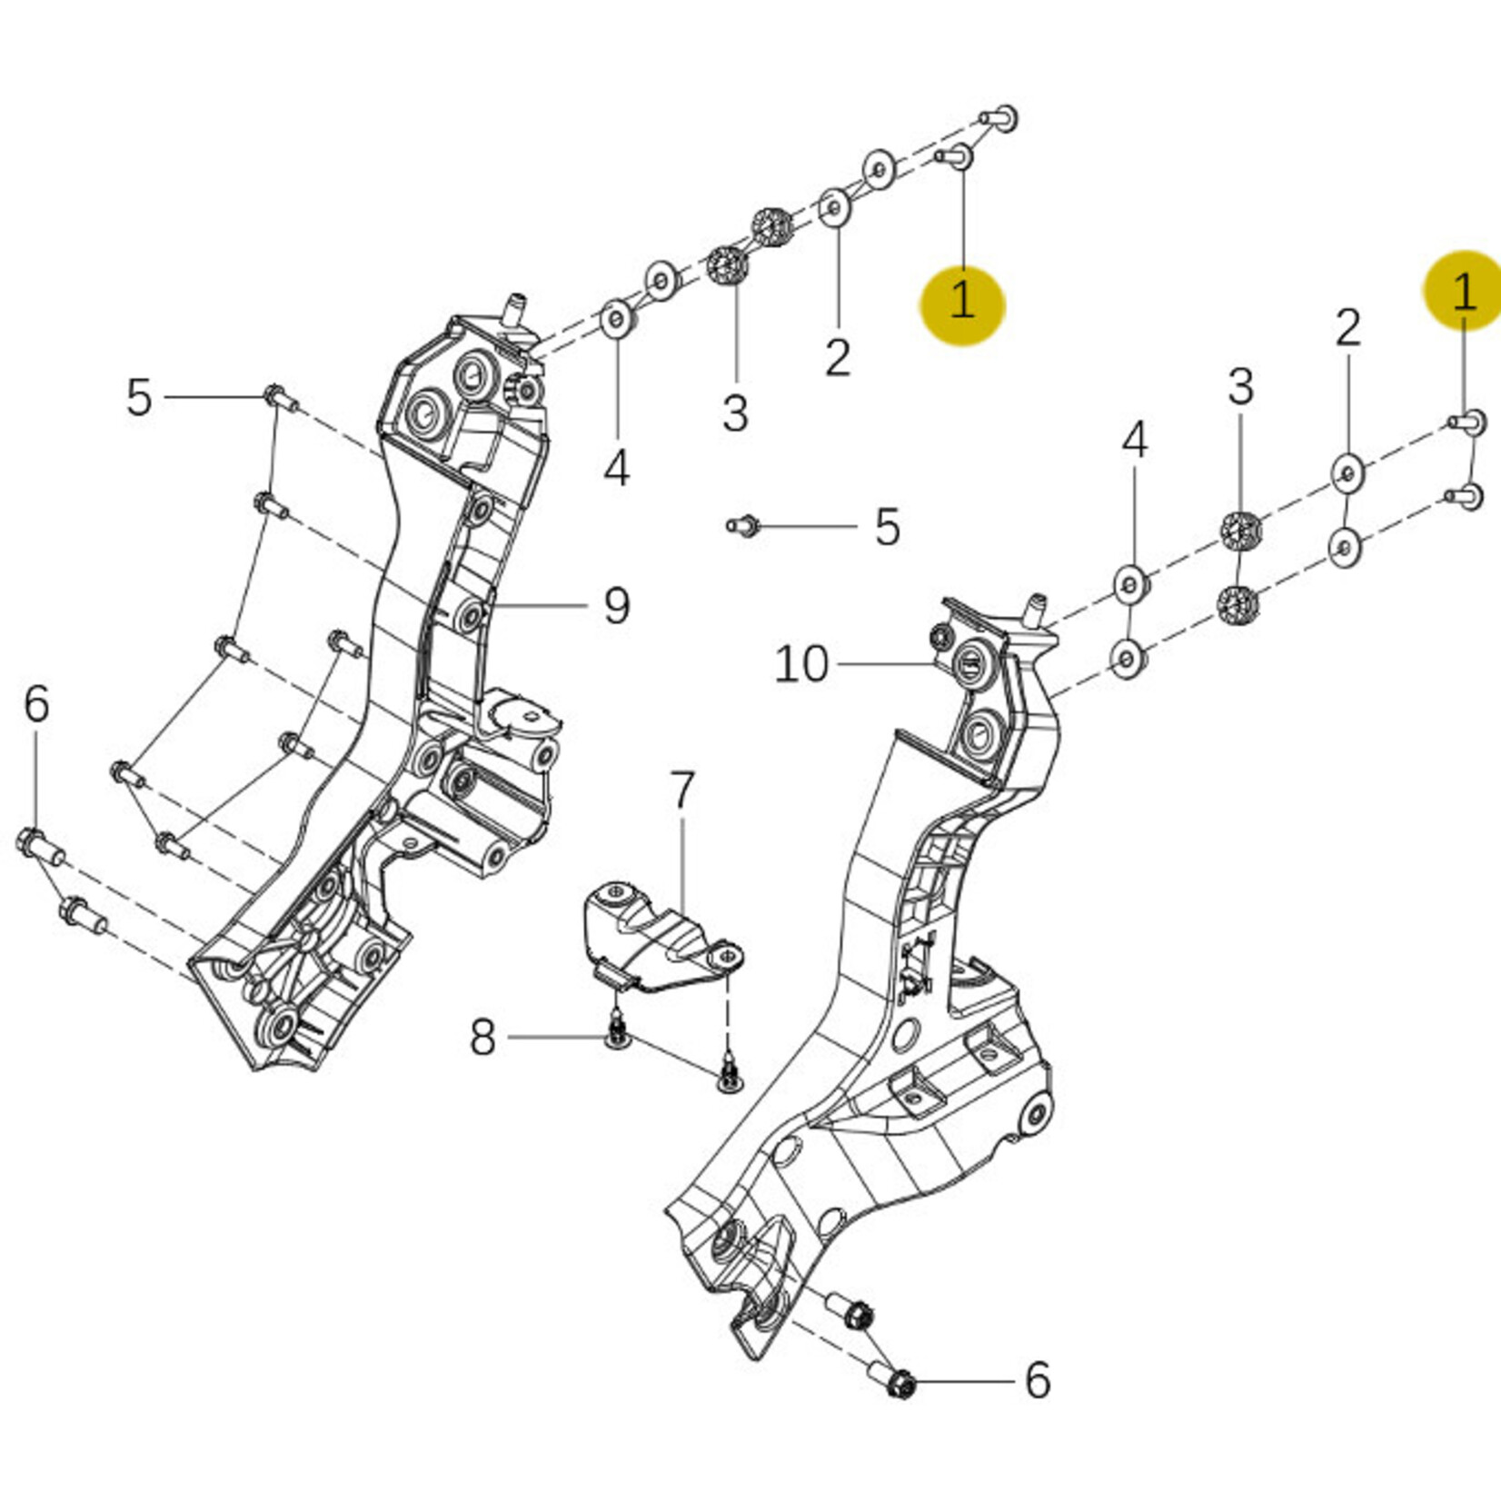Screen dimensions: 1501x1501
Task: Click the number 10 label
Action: [800, 665]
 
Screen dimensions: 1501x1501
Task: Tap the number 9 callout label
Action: [616, 605]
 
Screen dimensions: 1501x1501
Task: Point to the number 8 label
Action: [482, 1037]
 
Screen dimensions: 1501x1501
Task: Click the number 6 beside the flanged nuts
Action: [1037, 1379]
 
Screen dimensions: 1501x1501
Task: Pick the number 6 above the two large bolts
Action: [35, 704]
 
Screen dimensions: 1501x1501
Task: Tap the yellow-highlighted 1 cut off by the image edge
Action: [1464, 292]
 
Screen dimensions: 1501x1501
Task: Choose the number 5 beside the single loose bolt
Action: [887, 527]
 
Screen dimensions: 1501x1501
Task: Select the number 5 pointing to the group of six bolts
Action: [138, 398]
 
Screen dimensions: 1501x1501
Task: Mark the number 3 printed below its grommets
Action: [735, 413]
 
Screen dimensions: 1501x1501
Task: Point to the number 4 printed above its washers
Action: [1134, 442]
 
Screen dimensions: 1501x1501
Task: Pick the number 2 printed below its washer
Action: [838, 357]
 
